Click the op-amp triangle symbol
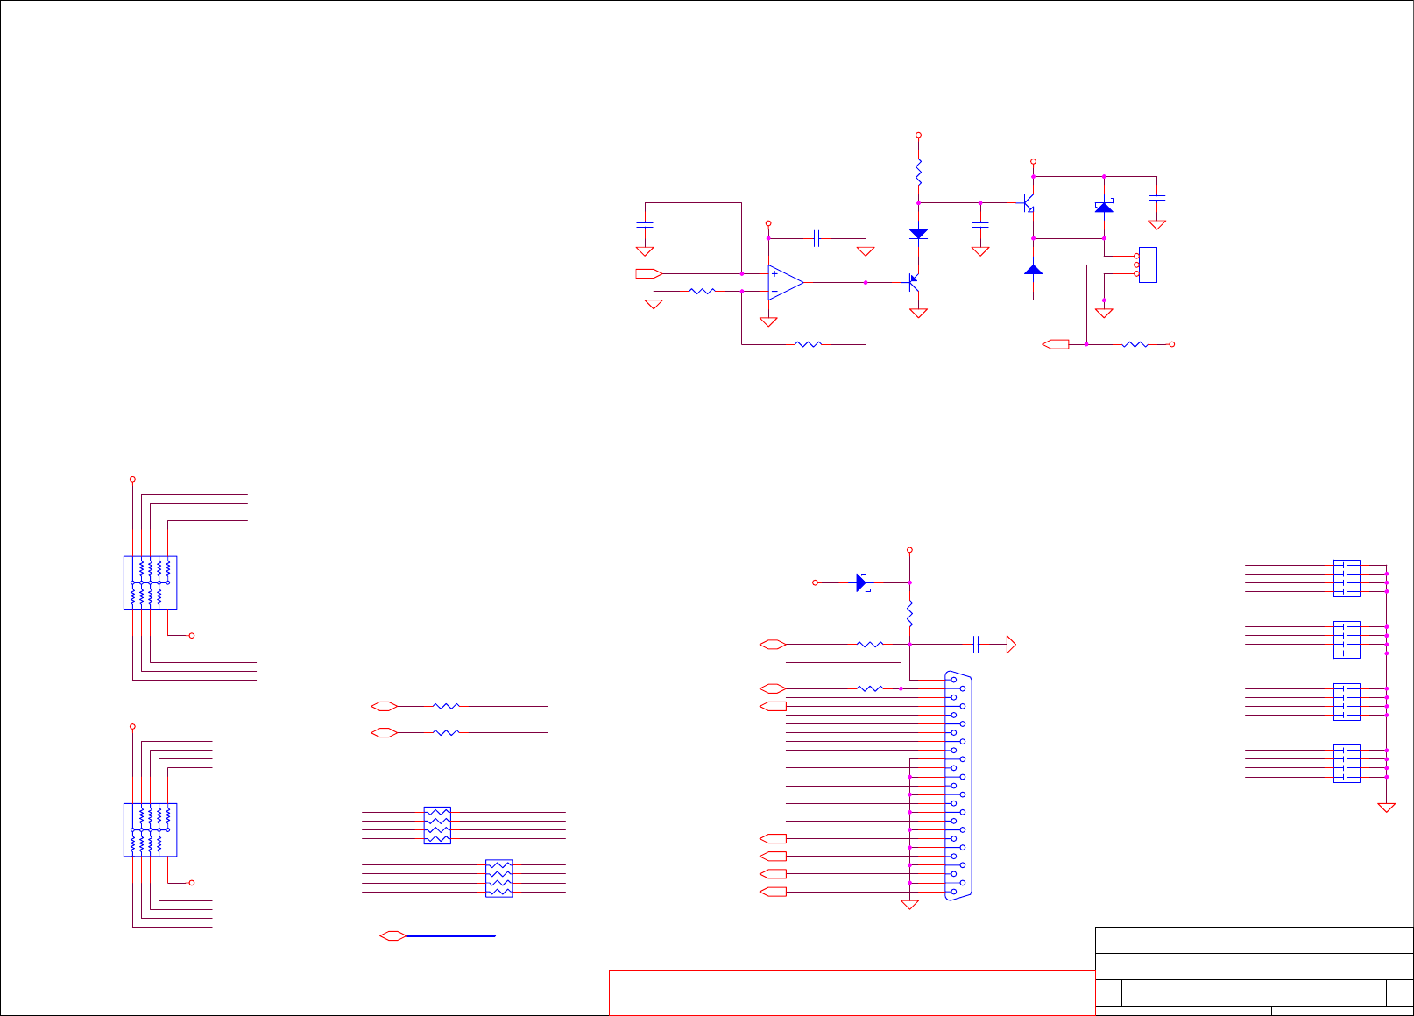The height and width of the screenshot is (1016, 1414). (785, 282)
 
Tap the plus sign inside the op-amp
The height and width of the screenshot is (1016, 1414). (774, 274)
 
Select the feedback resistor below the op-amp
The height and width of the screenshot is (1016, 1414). (808, 344)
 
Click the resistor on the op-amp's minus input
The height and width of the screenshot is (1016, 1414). (703, 291)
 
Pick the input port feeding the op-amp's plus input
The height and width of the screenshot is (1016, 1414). (648, 273)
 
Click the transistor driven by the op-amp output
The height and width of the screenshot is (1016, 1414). (914, 282)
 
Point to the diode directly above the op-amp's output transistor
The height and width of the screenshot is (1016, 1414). (918, 234)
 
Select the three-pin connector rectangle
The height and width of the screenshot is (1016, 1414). (1148, 265)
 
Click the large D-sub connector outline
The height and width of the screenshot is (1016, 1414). (959, 786)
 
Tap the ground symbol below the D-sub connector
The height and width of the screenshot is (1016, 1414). (909, 905)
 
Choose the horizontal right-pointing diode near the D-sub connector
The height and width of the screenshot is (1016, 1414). (862, 582)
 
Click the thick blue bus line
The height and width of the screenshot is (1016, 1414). (451, 935)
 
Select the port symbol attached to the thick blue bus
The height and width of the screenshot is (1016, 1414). (392, 935)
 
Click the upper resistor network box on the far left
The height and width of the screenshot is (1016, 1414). (151, 582)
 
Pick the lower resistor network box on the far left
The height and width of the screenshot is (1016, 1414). (151, 829)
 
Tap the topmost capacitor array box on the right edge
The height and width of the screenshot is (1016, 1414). (1347, 578)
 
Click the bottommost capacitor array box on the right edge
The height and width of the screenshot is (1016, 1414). (1347, 763)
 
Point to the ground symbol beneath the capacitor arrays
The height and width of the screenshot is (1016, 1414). (1386, 808)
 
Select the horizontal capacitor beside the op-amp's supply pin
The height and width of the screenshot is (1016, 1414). (817, 238)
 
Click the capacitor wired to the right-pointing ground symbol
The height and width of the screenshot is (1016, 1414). (976, 645)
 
